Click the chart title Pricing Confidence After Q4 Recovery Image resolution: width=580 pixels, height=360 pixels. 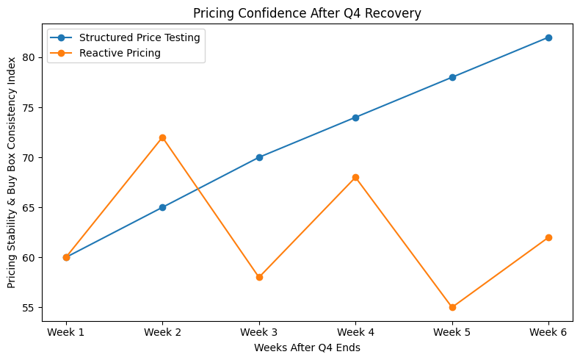307,12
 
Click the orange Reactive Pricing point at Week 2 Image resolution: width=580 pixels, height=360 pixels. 162,137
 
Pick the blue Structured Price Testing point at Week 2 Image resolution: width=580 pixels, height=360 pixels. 162,207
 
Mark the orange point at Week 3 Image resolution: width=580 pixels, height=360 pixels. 259,277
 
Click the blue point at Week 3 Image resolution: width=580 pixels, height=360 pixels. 259,157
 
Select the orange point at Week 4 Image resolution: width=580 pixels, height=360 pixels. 355,177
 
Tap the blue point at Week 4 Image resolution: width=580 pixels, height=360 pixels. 355,118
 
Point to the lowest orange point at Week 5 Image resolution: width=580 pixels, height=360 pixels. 452,307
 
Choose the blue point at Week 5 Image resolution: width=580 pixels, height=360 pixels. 452,77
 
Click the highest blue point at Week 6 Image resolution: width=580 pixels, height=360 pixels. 548,37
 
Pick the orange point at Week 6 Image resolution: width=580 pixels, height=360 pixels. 548,237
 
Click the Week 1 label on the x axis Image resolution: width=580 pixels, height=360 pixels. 66,333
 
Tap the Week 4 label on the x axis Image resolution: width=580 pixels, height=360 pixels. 355,333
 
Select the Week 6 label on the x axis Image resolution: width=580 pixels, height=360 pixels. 548,333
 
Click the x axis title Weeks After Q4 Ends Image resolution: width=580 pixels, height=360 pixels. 307,348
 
